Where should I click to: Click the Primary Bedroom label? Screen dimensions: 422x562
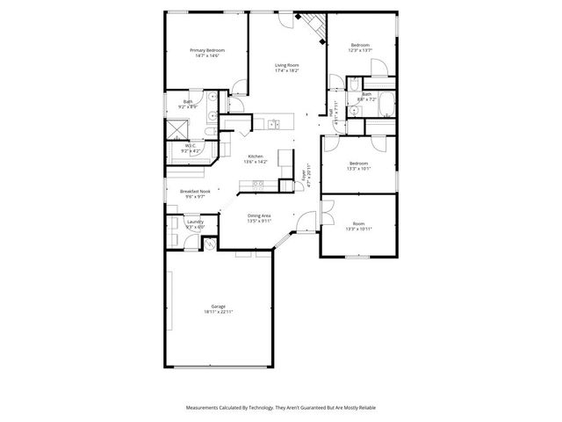click(x=207, y=50)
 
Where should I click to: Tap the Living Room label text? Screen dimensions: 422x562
click(x=287, y=65)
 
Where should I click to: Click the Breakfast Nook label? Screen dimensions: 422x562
click(x=195, y=191)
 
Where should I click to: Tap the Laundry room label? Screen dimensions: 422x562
click(x=183, y=222)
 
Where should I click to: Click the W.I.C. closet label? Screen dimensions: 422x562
click(x=190, y=145)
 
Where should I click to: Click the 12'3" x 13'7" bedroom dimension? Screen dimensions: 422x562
click(x=360, y=50)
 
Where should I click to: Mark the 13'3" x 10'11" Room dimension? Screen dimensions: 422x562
click(x=360, y=229)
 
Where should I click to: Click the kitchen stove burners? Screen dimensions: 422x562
click(x=258, y=184)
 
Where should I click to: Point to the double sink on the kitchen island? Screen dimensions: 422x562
click(x=276, y=124)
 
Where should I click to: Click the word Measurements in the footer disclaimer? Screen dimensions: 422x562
click(x=204, y=408)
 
